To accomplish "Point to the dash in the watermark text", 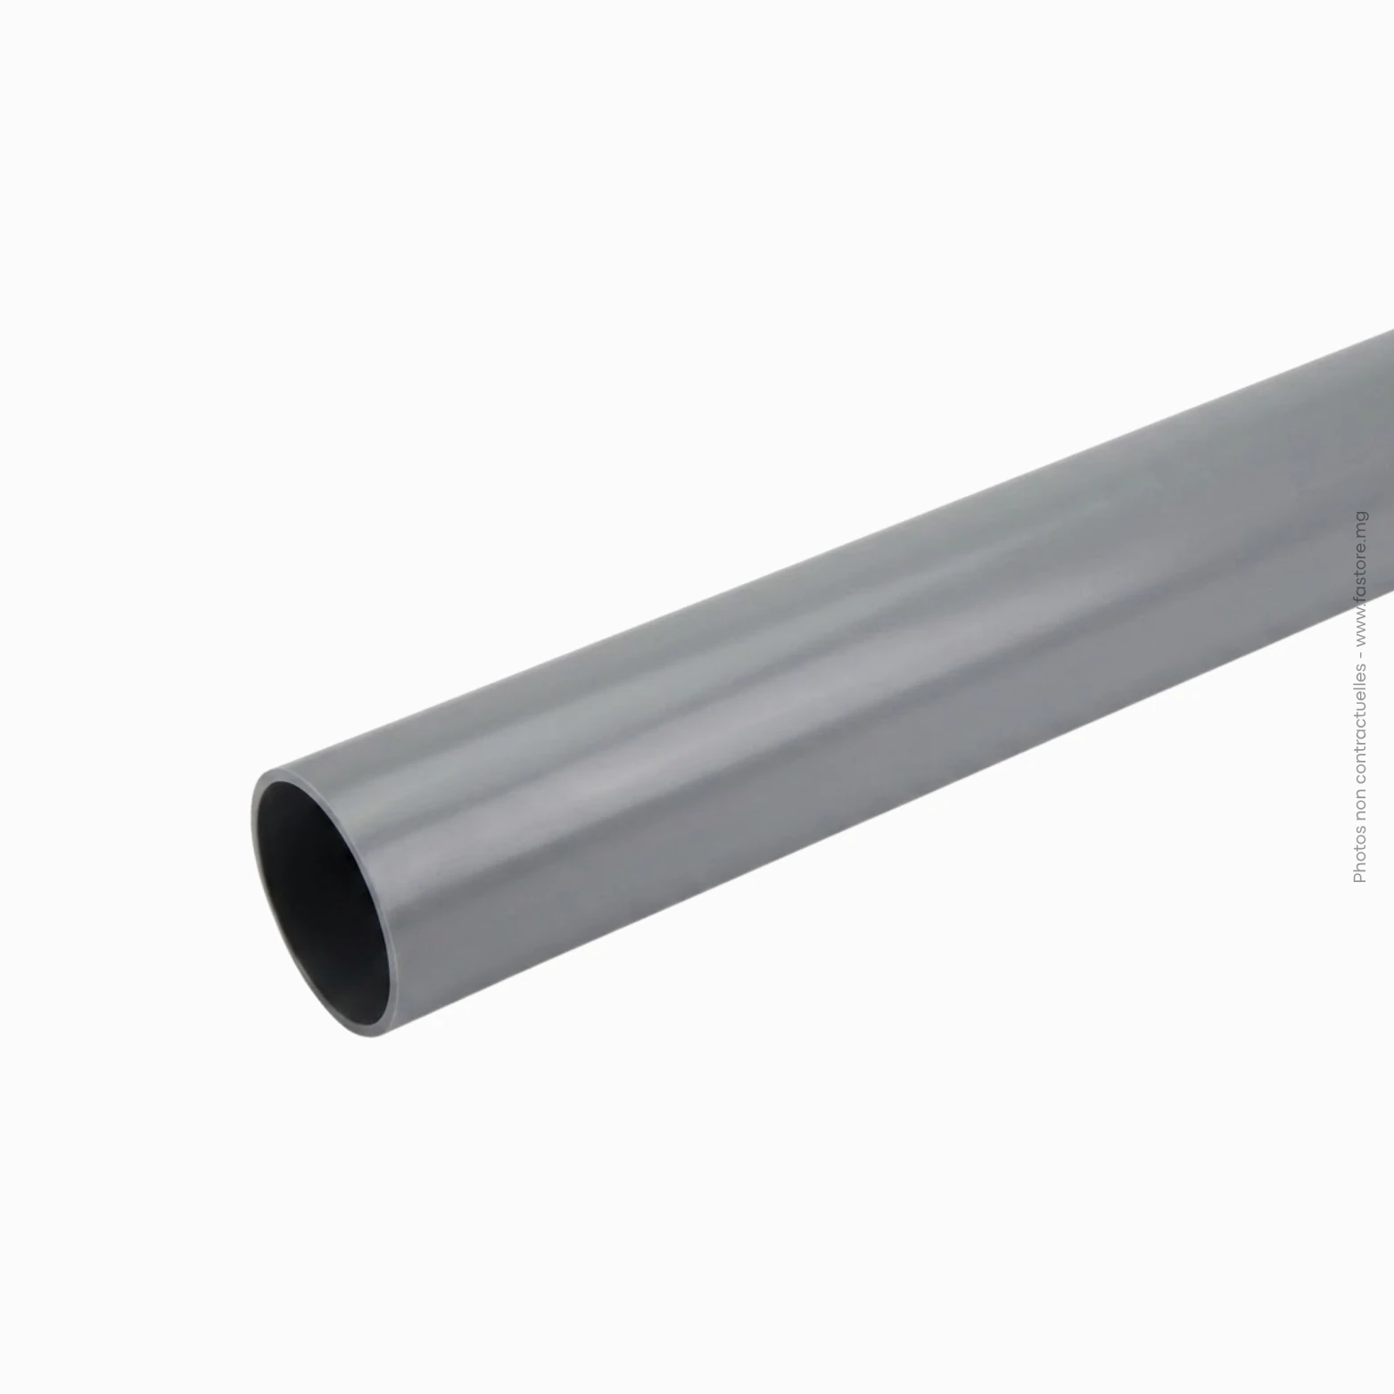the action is (x=1359, y=657).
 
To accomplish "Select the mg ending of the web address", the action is (x=1359, y=522).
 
